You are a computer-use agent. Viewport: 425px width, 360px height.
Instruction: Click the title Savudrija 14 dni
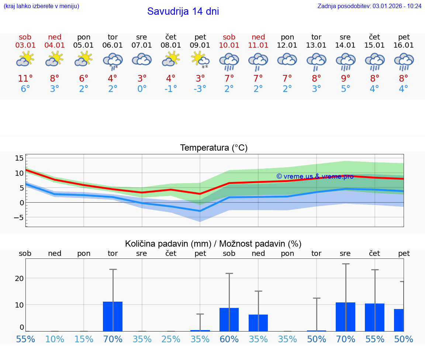tap(183, 11)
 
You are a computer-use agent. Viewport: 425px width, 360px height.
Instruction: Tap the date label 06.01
tap(113, 45)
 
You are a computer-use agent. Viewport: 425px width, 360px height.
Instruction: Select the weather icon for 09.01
tap(200, 60)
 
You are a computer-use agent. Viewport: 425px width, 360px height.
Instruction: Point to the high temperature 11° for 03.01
tap(25, 79)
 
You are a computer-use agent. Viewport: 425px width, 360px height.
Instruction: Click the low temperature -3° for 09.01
tap(200, 89)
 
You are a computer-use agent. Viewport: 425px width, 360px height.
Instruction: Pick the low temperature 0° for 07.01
tap(142, 89)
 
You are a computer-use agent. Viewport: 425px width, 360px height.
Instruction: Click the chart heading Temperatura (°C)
tap(214, 148)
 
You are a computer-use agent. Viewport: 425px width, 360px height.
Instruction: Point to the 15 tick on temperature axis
tap(19, 158)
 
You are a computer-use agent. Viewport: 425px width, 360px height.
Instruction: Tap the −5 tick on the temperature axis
tap(19, 217)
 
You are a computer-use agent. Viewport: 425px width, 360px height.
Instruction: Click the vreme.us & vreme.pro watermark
tap(315, 176)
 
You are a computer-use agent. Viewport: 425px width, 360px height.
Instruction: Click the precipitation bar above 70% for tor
tap(113, 316)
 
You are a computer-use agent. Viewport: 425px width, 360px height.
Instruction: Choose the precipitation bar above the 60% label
tap(229, 319)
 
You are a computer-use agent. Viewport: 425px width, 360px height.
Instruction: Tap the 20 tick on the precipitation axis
tap(19, 278)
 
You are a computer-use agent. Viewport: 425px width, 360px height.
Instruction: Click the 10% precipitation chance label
tap(55, 339)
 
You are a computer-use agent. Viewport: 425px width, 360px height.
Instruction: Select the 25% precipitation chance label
tap(171, 339)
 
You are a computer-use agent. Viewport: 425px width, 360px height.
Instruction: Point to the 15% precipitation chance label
tap(84, 339)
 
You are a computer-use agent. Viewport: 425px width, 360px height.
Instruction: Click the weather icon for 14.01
tap(345, 61)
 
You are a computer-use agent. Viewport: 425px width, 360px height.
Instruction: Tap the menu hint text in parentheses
tap(41, 6)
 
